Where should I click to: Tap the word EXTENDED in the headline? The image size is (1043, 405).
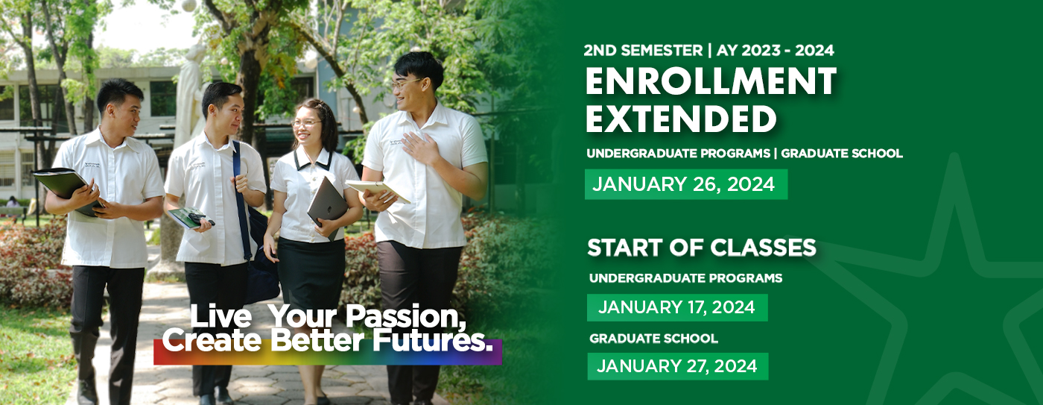coord(680,119)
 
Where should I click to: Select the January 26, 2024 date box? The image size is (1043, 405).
coord(685,184)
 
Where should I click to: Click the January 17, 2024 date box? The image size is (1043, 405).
coord(676,307)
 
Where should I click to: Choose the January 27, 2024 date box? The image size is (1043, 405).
coord(676,366)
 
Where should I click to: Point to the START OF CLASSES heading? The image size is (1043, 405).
coord(701,248)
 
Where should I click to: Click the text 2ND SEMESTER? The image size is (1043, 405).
coord(643,51)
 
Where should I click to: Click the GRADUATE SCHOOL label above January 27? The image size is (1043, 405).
coord(653,339)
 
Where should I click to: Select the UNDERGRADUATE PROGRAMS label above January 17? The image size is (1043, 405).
coord(685,278)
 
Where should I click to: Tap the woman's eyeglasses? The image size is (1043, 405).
coord(306,122)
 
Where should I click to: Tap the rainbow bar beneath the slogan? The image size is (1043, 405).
coord(328,358)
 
